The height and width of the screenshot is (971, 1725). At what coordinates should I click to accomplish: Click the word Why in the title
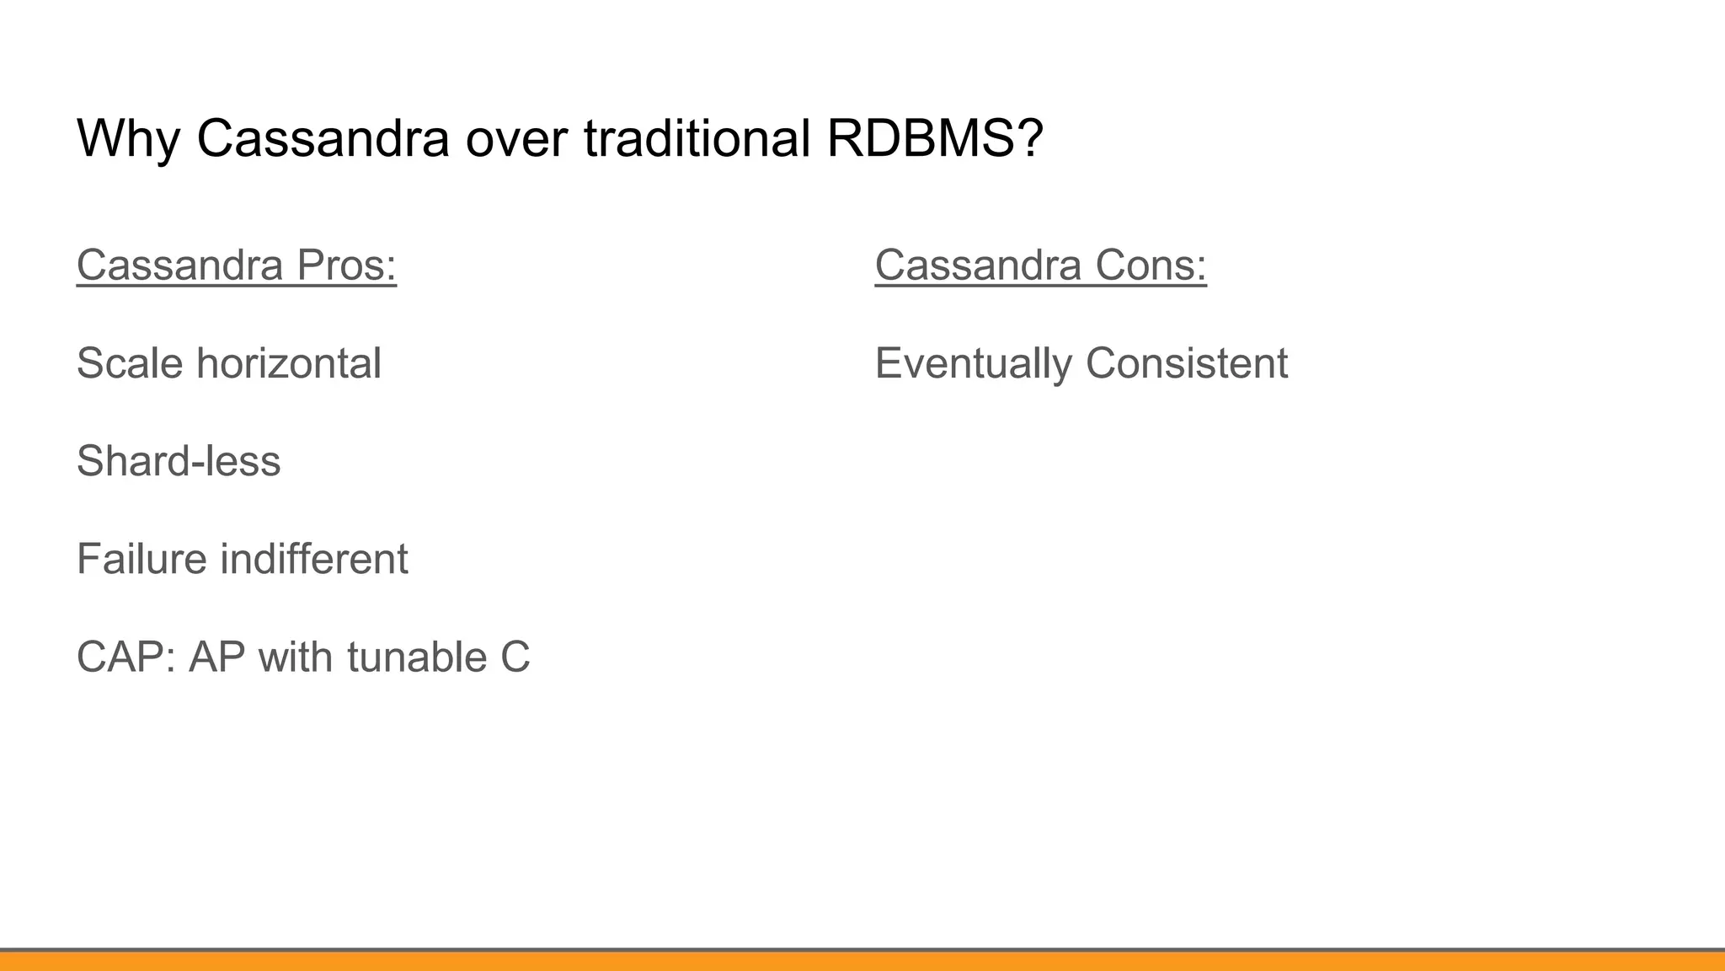(x=127, y=138)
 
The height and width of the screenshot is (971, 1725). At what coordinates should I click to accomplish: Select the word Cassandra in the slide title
(x=323, y=138)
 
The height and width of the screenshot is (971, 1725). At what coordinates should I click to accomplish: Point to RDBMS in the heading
(x=922, y=138)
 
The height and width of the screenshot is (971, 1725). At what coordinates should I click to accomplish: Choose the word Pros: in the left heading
(x=346, y=265)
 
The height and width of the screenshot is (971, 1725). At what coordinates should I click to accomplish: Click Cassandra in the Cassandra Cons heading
(x=978, y=265)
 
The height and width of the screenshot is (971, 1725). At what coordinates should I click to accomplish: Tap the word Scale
(x=130, y=363)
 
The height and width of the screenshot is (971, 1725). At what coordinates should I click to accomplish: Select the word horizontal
(x=289, y=363)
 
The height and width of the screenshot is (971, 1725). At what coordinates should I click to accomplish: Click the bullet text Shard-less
(x=179, y=461)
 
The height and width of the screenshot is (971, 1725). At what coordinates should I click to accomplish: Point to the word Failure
(x=142, y=559)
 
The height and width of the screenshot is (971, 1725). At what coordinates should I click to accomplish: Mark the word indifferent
(x=314, y=559)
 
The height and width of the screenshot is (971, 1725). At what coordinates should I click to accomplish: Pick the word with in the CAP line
(x=296, y=657)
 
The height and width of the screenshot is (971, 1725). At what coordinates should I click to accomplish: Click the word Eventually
(x=973, y=363)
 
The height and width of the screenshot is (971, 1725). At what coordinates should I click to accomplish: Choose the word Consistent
(x=1187, y=363)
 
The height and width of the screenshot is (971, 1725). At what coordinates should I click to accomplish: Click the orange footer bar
(x=862, y=961)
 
